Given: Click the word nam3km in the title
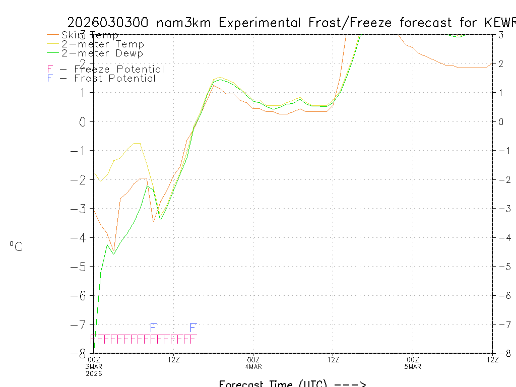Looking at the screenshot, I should click(x=184, y=23).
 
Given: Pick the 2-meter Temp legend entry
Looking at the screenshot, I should click(x=102, y=44).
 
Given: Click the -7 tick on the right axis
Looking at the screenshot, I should click(x=501, y=324).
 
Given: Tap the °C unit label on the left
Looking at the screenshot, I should click(x=16, y=246).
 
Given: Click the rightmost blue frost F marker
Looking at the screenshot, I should click(x=193, y=328).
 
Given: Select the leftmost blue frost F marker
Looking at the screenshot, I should click(x=154, y=328).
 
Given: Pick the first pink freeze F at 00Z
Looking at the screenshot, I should click(x=94, y=339).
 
